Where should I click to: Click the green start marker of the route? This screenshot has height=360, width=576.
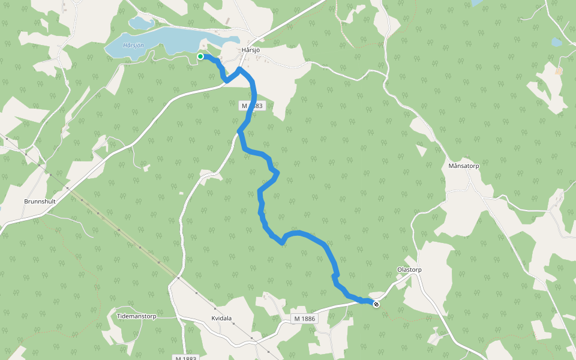click(x=200, y=56)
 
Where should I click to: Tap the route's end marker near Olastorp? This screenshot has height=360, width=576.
click(x=376, y=304)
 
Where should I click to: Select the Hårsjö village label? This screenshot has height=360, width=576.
click(x=250, y=50)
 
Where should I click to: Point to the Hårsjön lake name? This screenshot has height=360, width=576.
click(x=133, y=46)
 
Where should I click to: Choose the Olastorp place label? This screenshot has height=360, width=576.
click(x=409, y=270)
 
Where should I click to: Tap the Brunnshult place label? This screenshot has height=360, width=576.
click(x=40, y=202)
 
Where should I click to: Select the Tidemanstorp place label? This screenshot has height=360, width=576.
click(x=136, y=316)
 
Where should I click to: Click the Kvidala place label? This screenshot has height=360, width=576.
click(x=221, y=319)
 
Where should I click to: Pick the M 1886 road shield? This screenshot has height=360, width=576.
click(x=304, y=318)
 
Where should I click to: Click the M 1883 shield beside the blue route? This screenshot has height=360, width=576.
click(x=252, y=106)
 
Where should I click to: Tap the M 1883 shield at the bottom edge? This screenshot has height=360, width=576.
click(x=185, y=358)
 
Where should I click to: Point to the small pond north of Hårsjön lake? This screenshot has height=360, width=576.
click(x=141, y=23)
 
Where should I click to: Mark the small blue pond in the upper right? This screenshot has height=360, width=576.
click(x=557, y=42)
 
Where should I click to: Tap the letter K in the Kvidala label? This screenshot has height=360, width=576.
click(x=214, y=319)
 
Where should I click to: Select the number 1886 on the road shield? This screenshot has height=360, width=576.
click(x=307, y=318)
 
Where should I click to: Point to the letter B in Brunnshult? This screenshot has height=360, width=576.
click(x=26, y=202)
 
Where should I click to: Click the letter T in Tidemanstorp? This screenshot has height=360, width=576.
click(x=119, y=316)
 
